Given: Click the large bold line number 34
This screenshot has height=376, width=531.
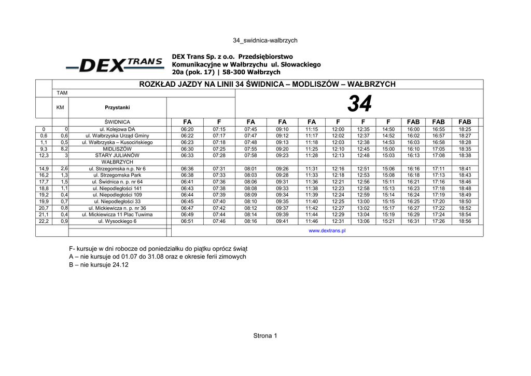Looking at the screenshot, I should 359,104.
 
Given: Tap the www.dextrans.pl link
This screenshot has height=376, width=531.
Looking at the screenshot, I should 327,231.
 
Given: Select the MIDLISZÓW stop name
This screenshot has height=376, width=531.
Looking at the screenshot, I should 117,149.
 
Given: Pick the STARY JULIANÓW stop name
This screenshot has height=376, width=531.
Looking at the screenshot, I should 117,155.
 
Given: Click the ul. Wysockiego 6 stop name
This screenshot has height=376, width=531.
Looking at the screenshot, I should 117,221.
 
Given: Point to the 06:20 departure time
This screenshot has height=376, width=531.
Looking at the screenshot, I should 187,129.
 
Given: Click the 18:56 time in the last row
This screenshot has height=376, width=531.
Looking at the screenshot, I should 465,221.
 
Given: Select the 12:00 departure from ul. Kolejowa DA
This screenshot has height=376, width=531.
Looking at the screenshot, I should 338,129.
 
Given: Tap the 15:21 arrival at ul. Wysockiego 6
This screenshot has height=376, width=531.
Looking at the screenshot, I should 388,221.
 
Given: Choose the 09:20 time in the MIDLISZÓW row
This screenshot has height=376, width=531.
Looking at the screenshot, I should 282,149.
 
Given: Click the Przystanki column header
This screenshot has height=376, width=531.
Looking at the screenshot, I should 117,108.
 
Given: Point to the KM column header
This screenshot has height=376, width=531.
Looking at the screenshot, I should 60,108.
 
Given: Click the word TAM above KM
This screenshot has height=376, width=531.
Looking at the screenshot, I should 62,92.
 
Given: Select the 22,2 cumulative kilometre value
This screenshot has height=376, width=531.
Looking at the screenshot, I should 44,221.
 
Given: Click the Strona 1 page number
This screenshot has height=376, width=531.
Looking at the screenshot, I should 265,335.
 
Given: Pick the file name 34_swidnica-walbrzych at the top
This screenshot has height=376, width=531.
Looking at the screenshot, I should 265,40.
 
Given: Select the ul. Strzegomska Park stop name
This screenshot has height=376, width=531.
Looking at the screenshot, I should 117,175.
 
